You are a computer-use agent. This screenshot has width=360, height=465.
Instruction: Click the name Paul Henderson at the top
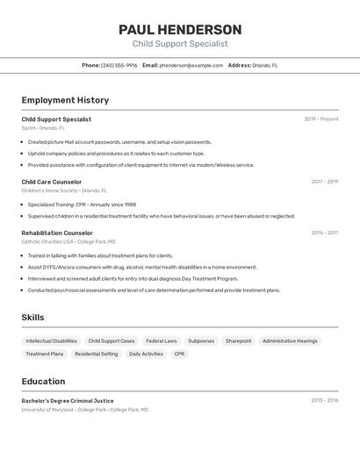180,30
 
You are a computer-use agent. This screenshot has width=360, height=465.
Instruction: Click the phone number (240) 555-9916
119,65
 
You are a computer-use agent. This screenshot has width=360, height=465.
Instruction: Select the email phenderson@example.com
191,65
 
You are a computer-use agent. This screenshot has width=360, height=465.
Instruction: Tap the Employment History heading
65,100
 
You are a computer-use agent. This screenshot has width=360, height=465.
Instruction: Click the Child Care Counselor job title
51,182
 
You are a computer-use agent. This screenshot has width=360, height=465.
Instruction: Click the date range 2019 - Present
321,119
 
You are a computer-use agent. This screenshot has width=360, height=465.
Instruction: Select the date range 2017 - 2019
324,182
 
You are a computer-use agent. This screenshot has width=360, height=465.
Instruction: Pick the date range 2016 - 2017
324,233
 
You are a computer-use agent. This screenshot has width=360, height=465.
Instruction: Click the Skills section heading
32,318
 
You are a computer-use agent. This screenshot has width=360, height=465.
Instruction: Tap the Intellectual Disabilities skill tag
51,341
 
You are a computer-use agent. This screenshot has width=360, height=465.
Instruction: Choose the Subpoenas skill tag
201,341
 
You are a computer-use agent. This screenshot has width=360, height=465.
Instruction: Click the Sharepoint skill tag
238,341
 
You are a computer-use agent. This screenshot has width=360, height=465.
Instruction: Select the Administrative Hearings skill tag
290,341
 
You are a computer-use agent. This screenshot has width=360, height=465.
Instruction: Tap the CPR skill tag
179,354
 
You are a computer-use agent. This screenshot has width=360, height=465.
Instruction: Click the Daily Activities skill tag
146,354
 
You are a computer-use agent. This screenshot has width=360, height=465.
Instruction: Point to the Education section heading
43,382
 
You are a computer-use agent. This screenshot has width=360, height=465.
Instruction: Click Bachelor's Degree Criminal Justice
68,400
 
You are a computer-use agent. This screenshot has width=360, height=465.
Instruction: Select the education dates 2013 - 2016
324,400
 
